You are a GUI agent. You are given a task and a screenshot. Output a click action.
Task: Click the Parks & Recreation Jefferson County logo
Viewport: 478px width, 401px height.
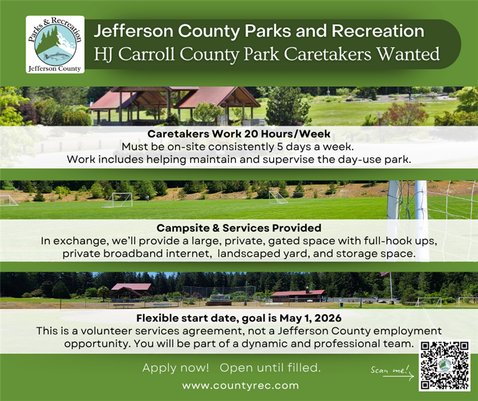55,44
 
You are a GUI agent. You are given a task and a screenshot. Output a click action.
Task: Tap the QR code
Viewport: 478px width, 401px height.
444,365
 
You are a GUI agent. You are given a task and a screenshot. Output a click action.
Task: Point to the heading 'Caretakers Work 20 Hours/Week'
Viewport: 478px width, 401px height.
238,135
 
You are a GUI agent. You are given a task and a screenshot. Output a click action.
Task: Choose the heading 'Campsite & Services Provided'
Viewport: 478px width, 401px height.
238,228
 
